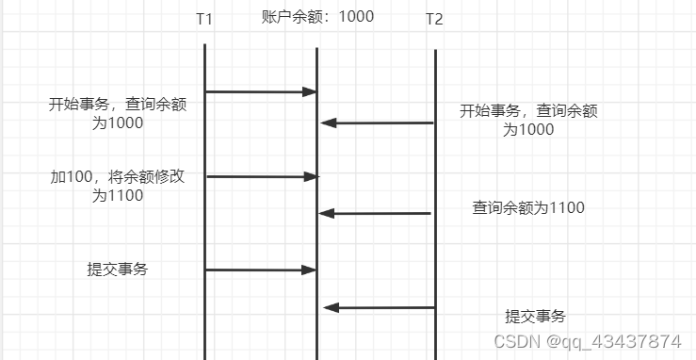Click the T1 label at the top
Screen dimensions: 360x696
pyautogui.click(x=204, y=19)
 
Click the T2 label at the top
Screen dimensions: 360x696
pyautogui.click(x=434, y=19)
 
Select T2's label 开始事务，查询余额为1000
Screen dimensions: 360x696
pyautogui.click(x=528, y=120)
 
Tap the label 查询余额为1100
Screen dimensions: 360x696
pyautogui.click(x=528, y=207)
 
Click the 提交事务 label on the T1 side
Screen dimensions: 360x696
pyautogui.click(x=118, y=270)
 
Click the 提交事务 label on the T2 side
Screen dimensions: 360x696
pyautogui.click(x=536, y=317)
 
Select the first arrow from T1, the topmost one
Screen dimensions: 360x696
pyautogui.click(x=260, y=91)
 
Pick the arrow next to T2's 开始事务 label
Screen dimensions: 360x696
pyautogui.click(x=377, y=123)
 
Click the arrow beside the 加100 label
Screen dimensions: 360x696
pyautogui.click(x=261, y=176)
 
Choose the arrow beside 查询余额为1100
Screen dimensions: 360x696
pyautogui.click(x=376, y=214)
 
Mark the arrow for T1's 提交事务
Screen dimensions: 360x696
pyautogui.click(x=260, y=270)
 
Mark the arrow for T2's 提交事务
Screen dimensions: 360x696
pyautogui.click(x=379, y=307)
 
